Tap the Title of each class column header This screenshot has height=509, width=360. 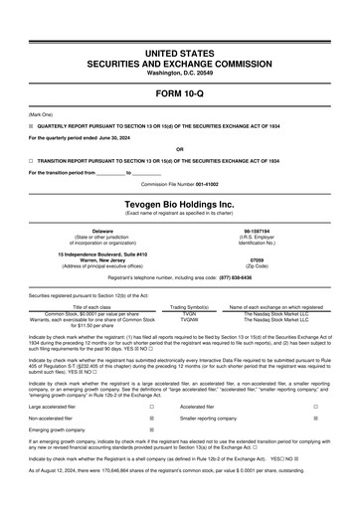[x=91, y=307]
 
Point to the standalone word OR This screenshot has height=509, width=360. [x=180, y=150]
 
